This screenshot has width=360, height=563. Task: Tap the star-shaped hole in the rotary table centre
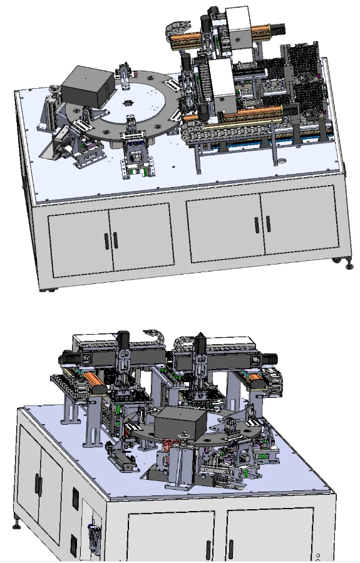[x=130, y=102]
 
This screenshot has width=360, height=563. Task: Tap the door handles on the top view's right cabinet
[x=262, y=223]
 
